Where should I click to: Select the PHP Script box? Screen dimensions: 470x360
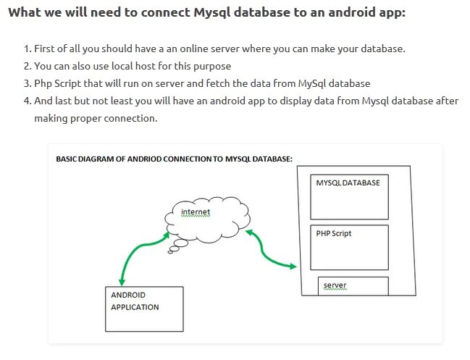[349, 247]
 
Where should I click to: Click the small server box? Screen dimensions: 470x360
[353, 286]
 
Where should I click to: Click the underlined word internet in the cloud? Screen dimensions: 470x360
[196, 212]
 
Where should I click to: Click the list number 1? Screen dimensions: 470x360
[28, 49]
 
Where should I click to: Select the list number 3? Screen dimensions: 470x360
[28, 83]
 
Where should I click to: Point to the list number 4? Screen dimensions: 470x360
[28, 101]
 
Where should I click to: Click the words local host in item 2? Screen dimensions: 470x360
[143, 66]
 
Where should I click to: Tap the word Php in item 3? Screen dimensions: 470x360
[43, 83]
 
